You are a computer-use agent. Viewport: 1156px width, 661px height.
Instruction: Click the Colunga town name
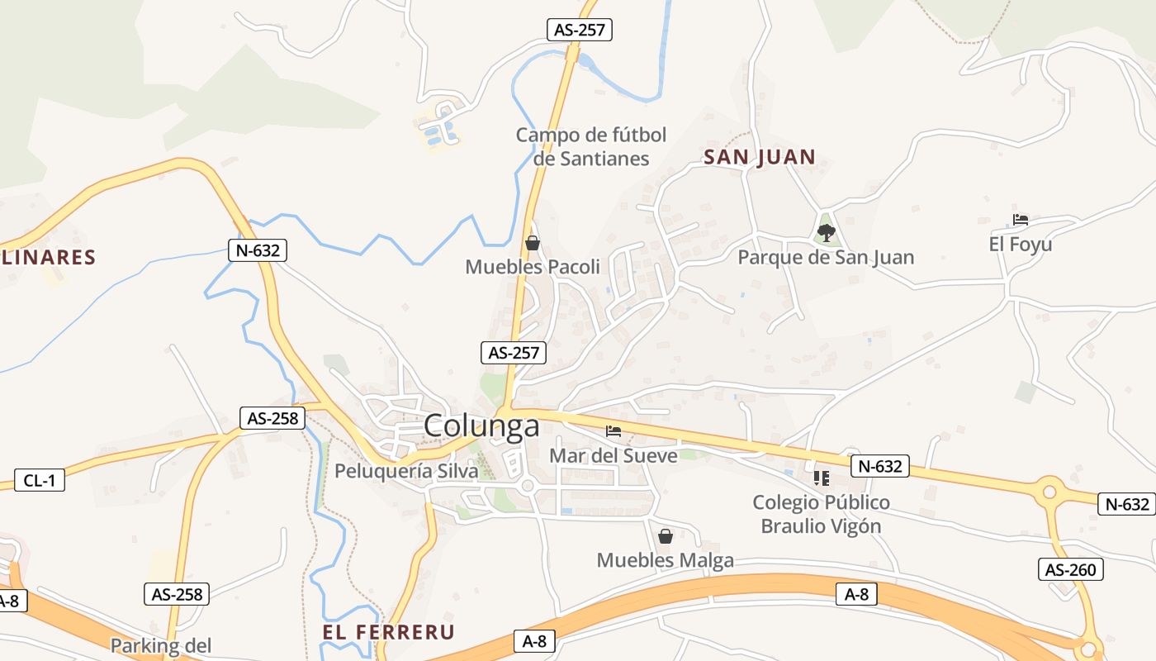click(x=481, y=426)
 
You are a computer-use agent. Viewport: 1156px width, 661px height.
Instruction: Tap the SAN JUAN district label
click(x=760, y=157)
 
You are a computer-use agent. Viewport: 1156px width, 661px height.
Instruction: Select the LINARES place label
click(x=48, y=257)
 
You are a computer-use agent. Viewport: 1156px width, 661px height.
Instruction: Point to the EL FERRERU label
click(x=388, y=633)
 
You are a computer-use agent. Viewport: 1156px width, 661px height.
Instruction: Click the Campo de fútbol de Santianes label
click(x=591, y=146)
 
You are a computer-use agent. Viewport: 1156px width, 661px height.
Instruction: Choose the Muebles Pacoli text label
click(x=533, y=267)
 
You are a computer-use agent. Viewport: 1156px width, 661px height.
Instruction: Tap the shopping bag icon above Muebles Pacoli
click(x=533, y=243)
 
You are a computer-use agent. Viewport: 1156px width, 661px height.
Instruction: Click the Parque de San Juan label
click(x=826, y=258)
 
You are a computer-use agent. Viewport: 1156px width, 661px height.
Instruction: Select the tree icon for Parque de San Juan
click(x=826, y=232)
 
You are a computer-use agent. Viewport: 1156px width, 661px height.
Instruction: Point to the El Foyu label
click(x=1021, y=245)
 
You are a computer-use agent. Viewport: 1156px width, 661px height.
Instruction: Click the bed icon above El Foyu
click(x=1021, y=220)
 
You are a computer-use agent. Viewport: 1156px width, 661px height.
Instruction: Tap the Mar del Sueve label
click(x=613, y=455)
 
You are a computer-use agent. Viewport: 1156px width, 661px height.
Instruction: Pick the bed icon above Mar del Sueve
click(x=613, y=430)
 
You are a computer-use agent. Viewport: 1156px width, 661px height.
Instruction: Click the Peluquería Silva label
click(x=406, y=471)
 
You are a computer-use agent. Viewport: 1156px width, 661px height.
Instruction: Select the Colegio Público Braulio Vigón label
click(x=821, y=514)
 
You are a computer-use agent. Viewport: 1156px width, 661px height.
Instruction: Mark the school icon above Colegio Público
click(x=821, y=478)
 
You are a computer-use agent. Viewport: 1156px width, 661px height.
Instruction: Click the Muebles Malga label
click(x=665, y=561)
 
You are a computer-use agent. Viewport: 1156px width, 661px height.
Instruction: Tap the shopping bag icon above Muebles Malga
click(x=665, y=536)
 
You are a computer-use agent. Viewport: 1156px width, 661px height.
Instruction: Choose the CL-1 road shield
click(x=40, y=480)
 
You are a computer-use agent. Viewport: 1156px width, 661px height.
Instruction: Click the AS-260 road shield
click(x=1070, y=569)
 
